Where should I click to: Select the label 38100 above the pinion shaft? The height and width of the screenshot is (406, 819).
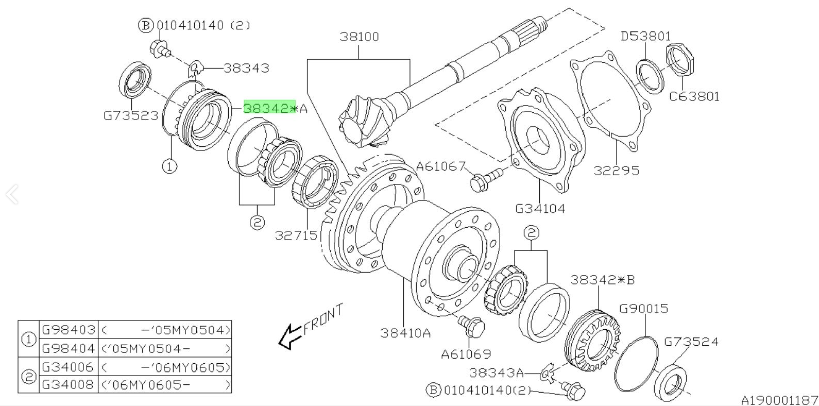(359, 37)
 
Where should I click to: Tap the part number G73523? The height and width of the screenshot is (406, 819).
(131, 115)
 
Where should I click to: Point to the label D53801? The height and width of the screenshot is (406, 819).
(645, 36)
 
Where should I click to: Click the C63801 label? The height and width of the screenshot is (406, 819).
(694, 96)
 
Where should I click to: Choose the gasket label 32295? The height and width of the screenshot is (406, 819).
(616, 170)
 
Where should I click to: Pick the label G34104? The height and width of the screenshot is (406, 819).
(540, 209)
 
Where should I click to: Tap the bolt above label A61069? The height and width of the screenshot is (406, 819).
(471, 326)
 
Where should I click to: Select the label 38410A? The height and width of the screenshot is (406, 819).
(405, 333)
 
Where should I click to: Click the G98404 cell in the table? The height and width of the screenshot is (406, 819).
(69, 349)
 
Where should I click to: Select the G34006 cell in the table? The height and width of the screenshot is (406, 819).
(69, 367)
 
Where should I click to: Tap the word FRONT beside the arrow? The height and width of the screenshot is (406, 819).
(323, 319)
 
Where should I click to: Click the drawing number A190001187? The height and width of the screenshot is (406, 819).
(779, 399)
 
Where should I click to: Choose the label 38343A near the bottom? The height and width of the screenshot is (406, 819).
(496, 372)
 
